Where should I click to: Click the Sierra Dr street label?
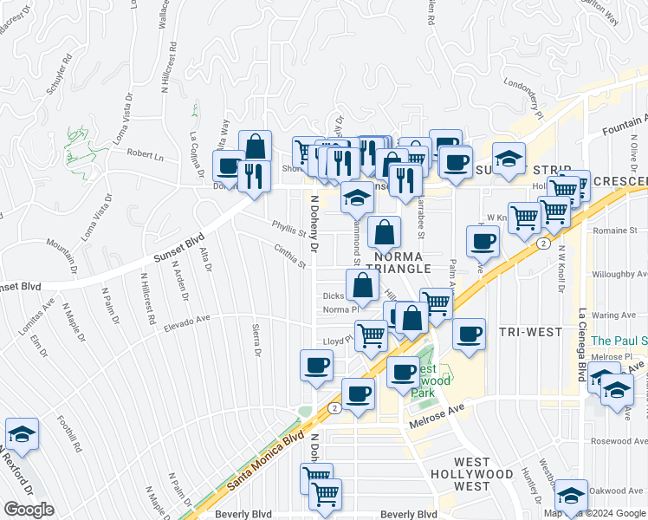[x=256, y=340]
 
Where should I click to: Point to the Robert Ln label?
[x=146, y=155]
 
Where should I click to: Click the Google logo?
[x=29, y=510]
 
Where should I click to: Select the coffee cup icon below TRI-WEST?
[x=469, y=335]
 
